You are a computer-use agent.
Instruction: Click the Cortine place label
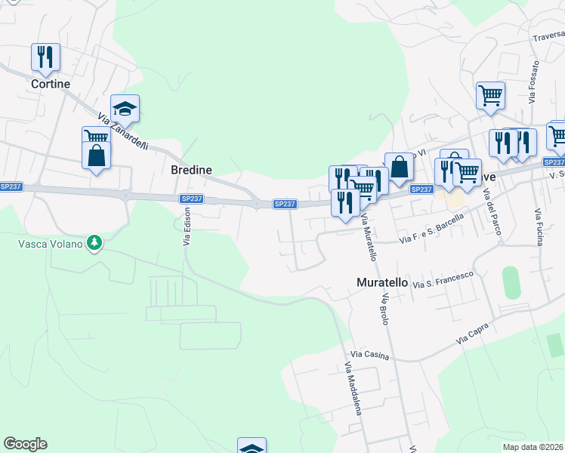click(51, 84)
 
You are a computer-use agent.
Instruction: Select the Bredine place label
click(191, 170)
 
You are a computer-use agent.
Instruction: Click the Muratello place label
click(382, 282)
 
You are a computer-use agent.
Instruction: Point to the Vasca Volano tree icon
click(94, 243)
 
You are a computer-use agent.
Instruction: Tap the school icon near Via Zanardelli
click(125, 108)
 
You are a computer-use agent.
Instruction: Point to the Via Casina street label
click(370, 354)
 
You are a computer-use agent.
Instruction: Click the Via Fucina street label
click(539, 227)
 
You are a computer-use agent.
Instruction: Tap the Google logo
click(25, 444)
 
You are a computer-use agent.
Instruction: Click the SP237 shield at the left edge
click(11, 186)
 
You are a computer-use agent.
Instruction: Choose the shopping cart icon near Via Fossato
click(490, 95)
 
